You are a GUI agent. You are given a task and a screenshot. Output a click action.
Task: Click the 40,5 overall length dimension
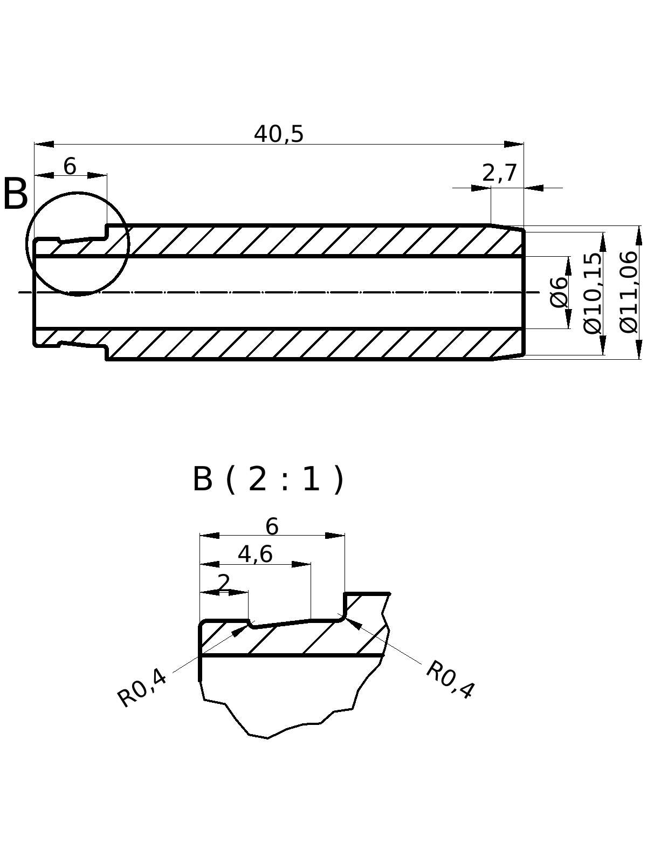pos(279,134)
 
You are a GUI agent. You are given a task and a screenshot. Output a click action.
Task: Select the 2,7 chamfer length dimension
pos(499,173)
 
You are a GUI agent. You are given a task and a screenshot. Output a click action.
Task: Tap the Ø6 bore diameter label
pos(559,292)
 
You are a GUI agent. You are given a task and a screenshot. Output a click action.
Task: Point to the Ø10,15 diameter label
pos(593,293)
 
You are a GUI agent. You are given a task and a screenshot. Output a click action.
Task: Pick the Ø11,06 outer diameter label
pos(629,292)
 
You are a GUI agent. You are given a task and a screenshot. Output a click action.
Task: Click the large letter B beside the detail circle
pos(15,195)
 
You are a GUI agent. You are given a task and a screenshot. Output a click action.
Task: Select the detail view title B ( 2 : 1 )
pos(268,479)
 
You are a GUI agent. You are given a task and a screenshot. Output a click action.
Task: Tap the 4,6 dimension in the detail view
pos(255,554)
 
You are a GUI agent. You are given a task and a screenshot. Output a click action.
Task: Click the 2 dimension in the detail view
pos(223,583)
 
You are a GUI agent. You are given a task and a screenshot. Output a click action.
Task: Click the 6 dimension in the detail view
pos(272,526)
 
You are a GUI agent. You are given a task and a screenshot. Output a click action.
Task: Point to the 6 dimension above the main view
pos(70,167)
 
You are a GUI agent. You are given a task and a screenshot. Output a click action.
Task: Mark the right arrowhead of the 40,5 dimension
pos(514,144)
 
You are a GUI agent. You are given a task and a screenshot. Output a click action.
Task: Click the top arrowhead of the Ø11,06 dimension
pos(639,235)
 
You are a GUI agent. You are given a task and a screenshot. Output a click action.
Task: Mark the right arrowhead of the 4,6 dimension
pos(301,564)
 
